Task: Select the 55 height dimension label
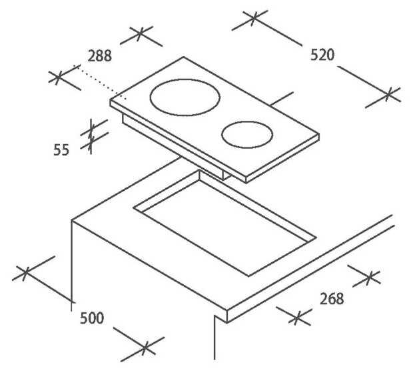(x=61, y=150)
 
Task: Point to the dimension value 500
(x=91, y=318)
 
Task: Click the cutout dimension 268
(x=330, y=298)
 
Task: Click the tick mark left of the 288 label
(x=61, y=77)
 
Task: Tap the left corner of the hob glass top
(x=111, y=101)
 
